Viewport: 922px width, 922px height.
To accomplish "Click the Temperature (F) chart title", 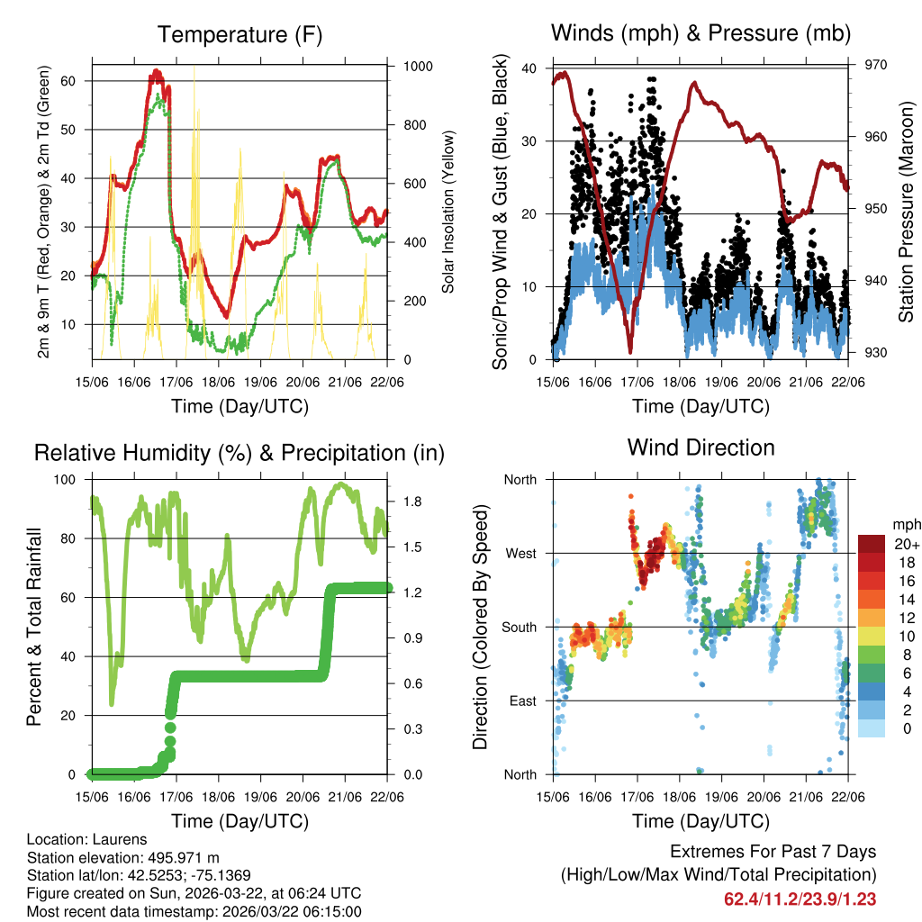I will tap(240, 35).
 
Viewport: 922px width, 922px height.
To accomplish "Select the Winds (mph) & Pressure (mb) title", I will tap(701, 34).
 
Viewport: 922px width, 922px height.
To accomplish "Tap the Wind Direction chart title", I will tap(701, 447).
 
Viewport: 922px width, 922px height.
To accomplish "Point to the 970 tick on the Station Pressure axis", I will tap(876, 65).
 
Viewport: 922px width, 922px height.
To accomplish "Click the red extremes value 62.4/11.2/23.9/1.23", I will tap(800, 899).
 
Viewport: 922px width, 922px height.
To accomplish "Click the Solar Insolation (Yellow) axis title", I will tap(447, 212).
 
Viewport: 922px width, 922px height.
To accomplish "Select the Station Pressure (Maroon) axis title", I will tap(907, 212).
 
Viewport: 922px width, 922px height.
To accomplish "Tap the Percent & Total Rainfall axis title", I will tap(34, 628).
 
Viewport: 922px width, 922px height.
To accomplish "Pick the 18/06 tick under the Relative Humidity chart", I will tap(219, 797).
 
